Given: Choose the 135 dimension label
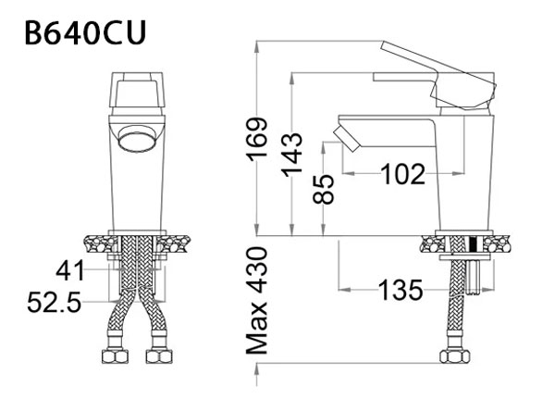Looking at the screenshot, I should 401,290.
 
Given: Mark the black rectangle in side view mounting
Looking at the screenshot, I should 475,245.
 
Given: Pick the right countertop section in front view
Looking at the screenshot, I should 178,245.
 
